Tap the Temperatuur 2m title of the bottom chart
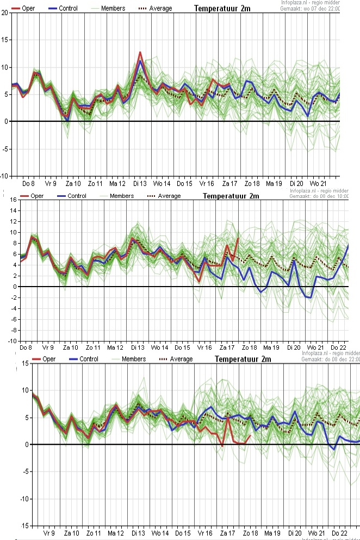click(x=243, y=359)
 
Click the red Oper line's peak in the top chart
click(x=140, y=52)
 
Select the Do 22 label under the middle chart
click(x=339, y=347)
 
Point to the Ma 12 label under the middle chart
click(x=115, y=347)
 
